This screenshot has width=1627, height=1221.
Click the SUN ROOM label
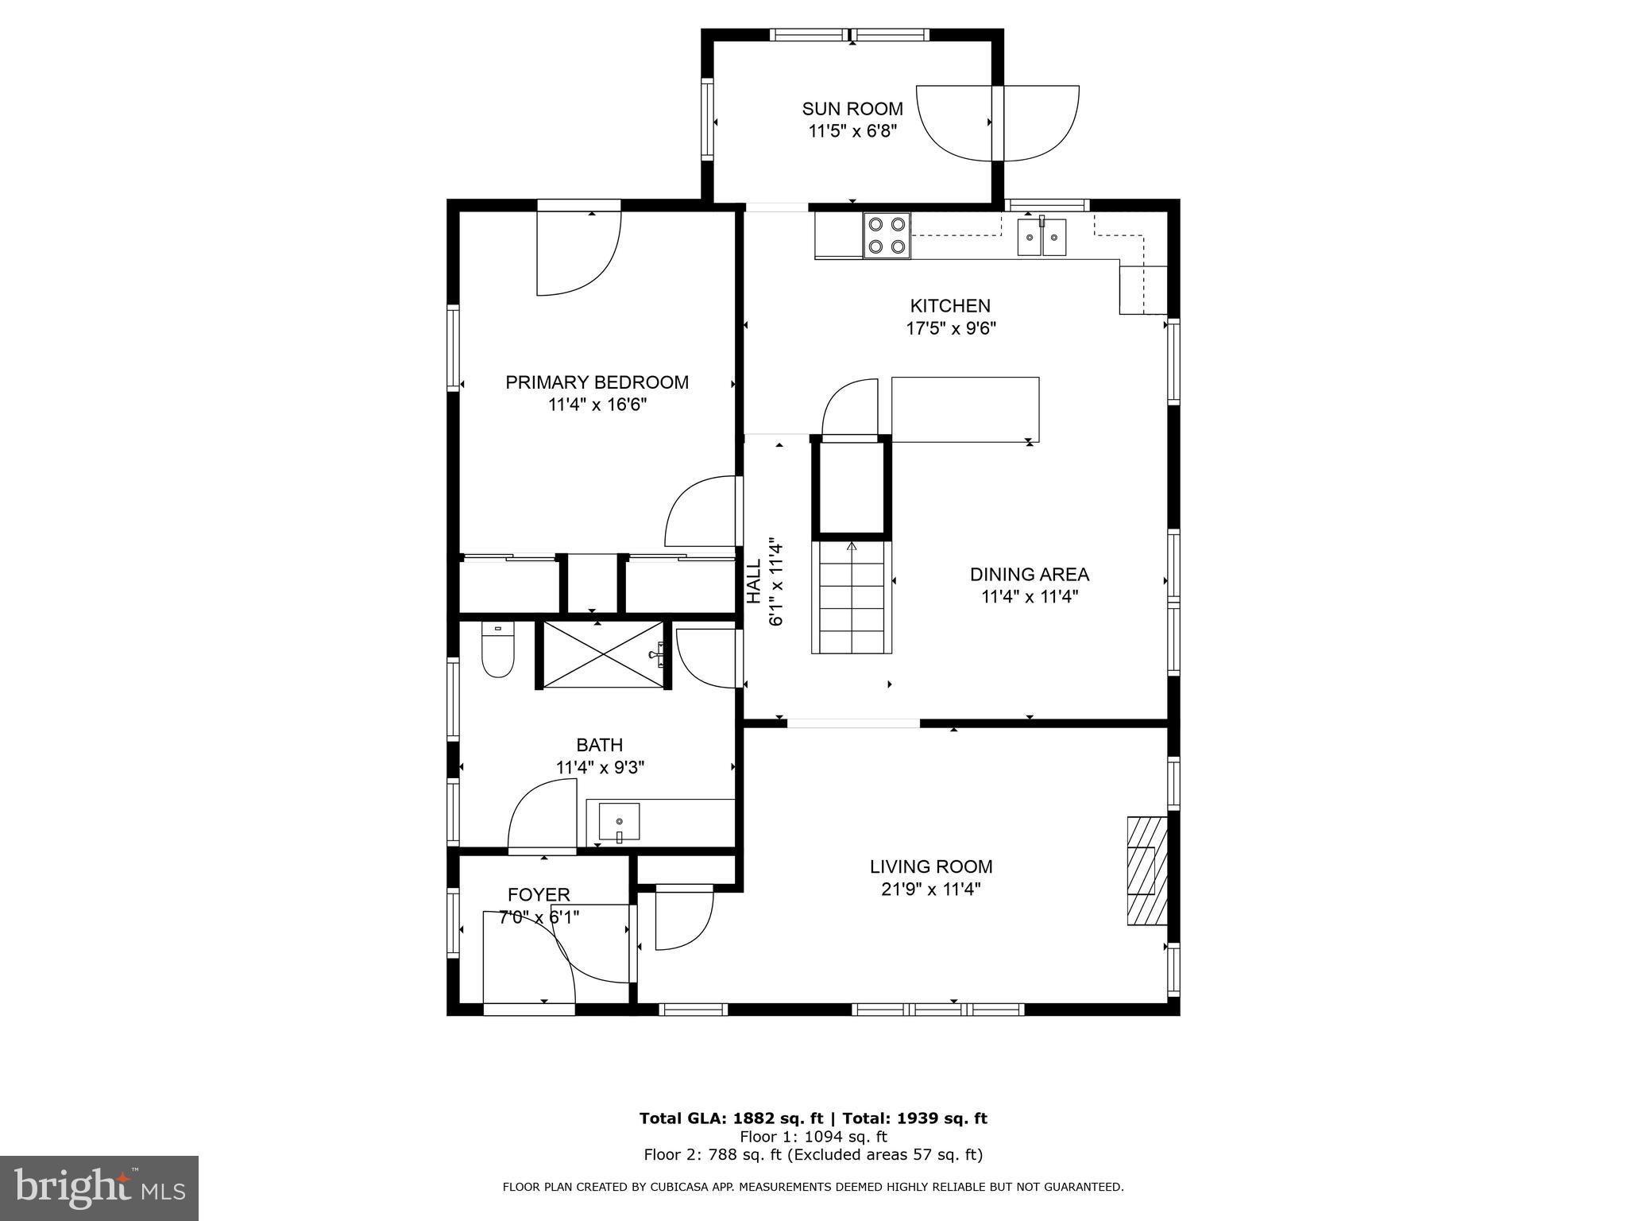coord(852,109)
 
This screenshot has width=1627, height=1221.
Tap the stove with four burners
coord(887,235)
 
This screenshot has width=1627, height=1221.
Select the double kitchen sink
coord(1042,237)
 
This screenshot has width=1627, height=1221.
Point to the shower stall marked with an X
coord(604,654)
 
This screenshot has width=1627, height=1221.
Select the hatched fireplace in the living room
coord(1146,870)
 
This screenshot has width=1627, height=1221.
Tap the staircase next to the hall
coord(852,597)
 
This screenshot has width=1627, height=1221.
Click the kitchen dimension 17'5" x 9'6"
coord(951,328)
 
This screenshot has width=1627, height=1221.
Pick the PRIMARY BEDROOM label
coord(597,382)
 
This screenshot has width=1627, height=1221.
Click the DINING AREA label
coord(1029,574)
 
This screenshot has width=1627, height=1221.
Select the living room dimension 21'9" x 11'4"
coord(930,889)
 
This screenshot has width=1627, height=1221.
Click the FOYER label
coord(539,895)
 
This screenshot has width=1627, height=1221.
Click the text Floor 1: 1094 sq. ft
coord(813,1137)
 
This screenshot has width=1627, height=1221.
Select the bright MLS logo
coord(99,1188)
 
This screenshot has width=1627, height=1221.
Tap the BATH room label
coord(599,745)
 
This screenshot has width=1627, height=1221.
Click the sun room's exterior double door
coord(998,123)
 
